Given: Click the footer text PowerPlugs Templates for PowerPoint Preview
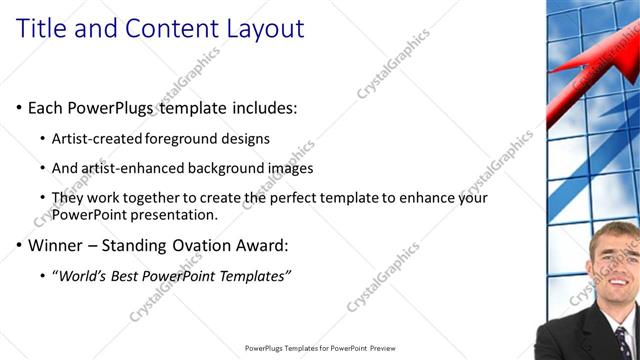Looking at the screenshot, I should (320, 348).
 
